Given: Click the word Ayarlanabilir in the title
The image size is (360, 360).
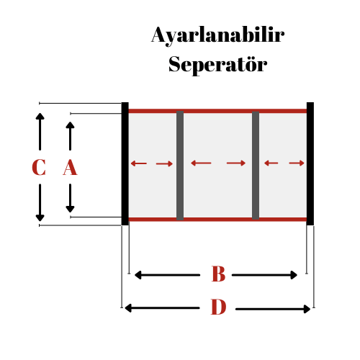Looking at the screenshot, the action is [x=218, y=36].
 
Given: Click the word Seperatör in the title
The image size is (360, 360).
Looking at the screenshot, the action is [x=218, y=64].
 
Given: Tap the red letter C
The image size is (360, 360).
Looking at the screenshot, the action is [x=39, y=167].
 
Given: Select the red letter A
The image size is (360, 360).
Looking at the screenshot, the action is [x=70, y=167].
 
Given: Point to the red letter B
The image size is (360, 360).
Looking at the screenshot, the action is [x=218, y=274].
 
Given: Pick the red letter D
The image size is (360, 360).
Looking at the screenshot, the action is [x=218, y=307].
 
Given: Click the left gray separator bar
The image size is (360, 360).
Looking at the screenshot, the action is [x=180, y=166].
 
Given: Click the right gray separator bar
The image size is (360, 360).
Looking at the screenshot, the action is [x=256, y=166].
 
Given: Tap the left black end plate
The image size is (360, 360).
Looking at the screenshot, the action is [x=125, y=163].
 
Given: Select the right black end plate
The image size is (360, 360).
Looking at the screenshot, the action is [x=310, y=163].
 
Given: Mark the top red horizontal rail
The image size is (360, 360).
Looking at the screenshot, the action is [x=217, y=111].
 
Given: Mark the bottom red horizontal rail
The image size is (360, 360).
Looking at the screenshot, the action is [x=217, y=220].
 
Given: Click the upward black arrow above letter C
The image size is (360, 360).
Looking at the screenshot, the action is [x=40, y=132].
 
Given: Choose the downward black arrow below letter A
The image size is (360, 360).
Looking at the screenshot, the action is [x=70, y=198].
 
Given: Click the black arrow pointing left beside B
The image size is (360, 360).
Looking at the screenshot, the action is [x=167, y=275].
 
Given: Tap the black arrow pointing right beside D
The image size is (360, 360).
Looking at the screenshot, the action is [x=273, y=309].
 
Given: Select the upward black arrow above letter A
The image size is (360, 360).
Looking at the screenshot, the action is [x=70, y=136].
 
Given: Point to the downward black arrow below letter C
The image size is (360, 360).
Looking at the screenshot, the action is [x=40, y=202].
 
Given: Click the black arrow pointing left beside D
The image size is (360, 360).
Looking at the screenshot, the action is [x=162, y=308].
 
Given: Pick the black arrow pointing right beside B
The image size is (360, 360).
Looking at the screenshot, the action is [x=264, y=275].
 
